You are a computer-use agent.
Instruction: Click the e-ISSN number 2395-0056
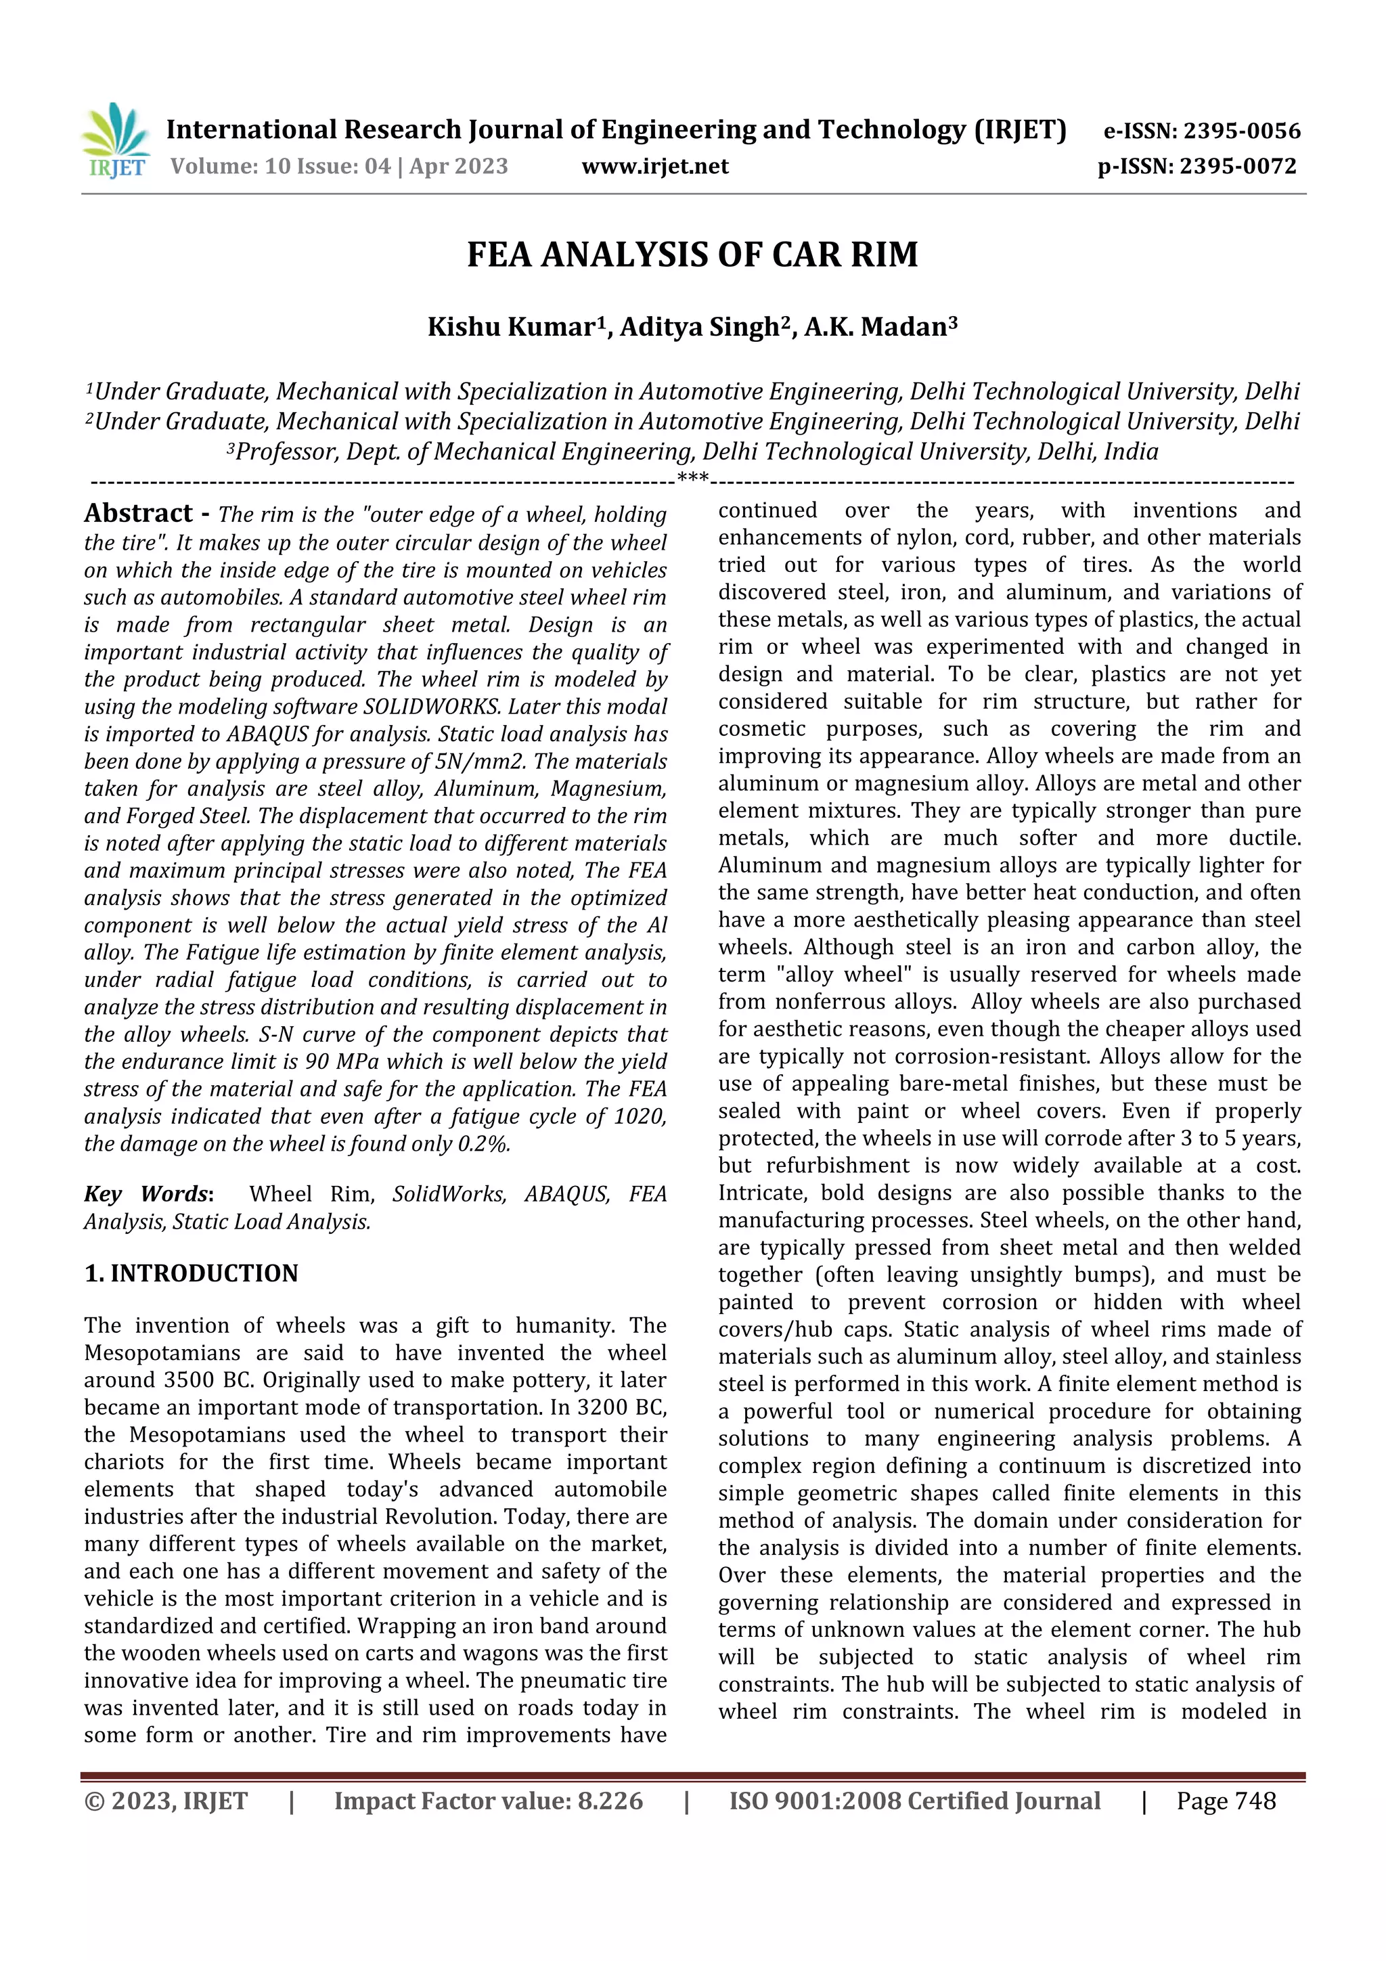[x=1240, y=131]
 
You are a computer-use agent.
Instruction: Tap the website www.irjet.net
[x=655, y=166]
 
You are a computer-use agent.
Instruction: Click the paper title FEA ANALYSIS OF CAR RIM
[x=692, y=255]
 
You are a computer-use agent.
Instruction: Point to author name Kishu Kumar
[x=511, y=327]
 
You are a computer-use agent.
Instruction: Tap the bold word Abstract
[x=138, y=512]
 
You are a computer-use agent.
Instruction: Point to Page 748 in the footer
[x=1226, y=1801]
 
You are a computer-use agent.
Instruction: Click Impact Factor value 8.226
[x=489, y=1801]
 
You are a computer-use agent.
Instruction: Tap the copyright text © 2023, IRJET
[x=166, y=1801]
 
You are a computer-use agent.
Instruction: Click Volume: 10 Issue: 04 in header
[x=280, y=166]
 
